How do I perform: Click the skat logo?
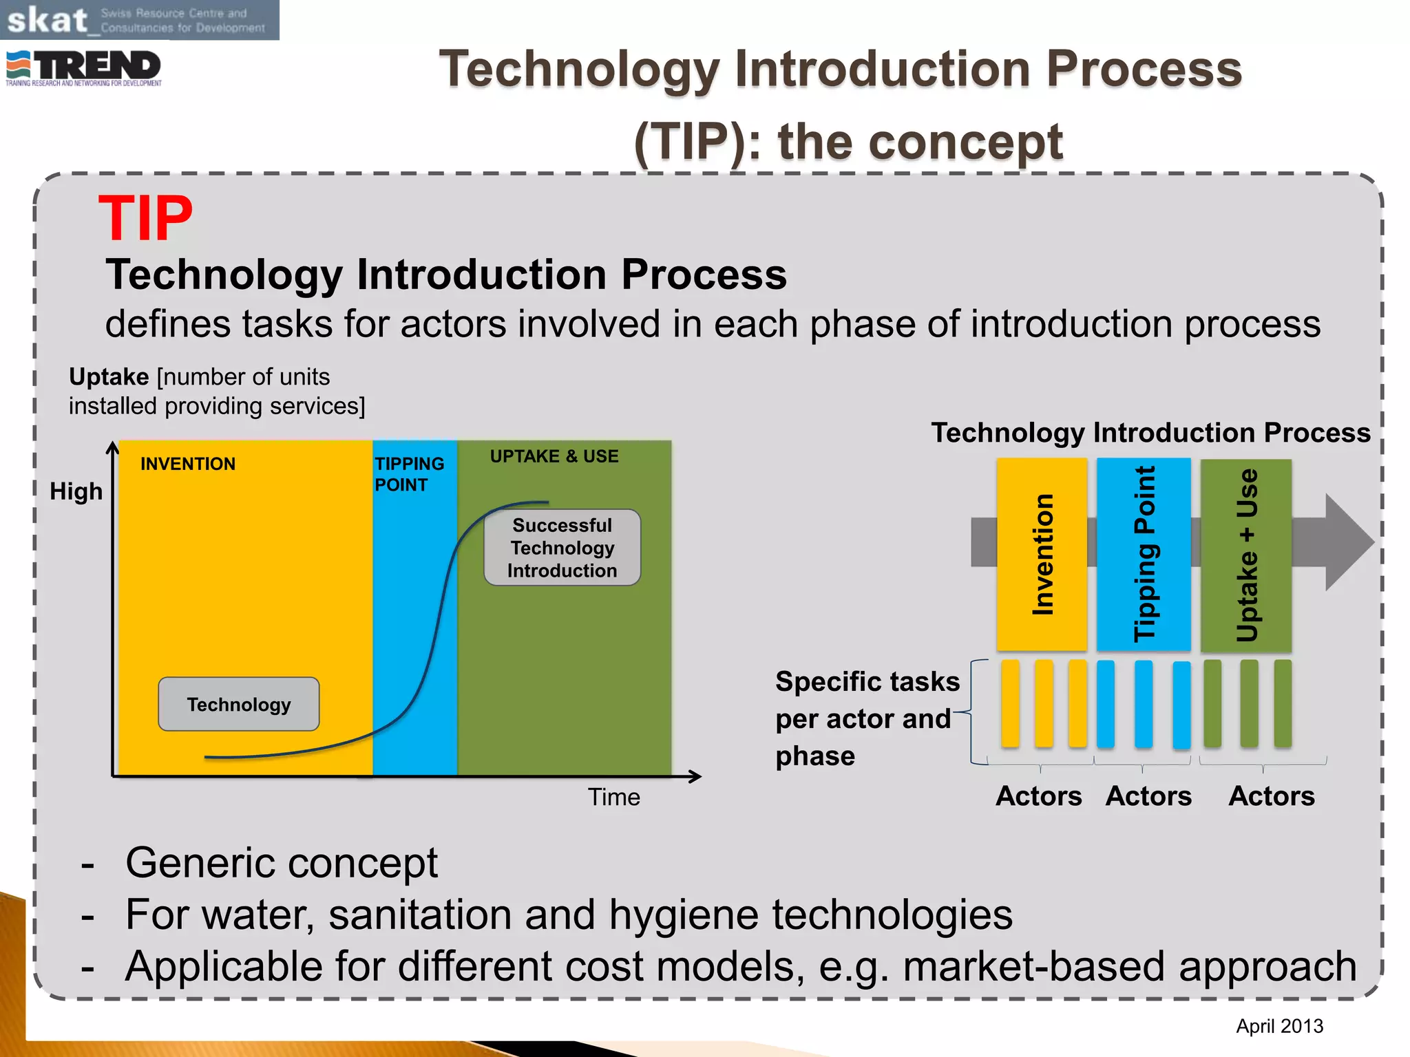tap(138, 20)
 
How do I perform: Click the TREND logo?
tap(84, 67)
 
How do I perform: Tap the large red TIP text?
tap(145, 218)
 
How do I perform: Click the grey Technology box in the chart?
tap(238, 704)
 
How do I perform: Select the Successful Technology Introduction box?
tap(562, 548)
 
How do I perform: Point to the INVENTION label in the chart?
tap(187, 464)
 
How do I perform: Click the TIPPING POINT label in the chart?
tap(409, 474)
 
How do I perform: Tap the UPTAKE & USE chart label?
tap(554, 456)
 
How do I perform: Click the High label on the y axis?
tap(76, 491)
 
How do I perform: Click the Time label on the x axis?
tap(613, 797)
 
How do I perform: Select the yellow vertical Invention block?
tap(1042, 554)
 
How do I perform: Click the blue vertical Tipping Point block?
tap(1144, 554)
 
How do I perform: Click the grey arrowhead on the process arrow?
tap(1346, 542)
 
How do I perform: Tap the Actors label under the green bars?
tap(1271, 796)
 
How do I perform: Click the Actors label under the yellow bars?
tap(1038, 796)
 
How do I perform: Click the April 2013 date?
tap(1279, 1026)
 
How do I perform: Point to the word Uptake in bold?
tap(109, 377)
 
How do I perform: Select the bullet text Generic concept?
tap(281, 862)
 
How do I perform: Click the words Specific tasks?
tap(867, 681)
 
